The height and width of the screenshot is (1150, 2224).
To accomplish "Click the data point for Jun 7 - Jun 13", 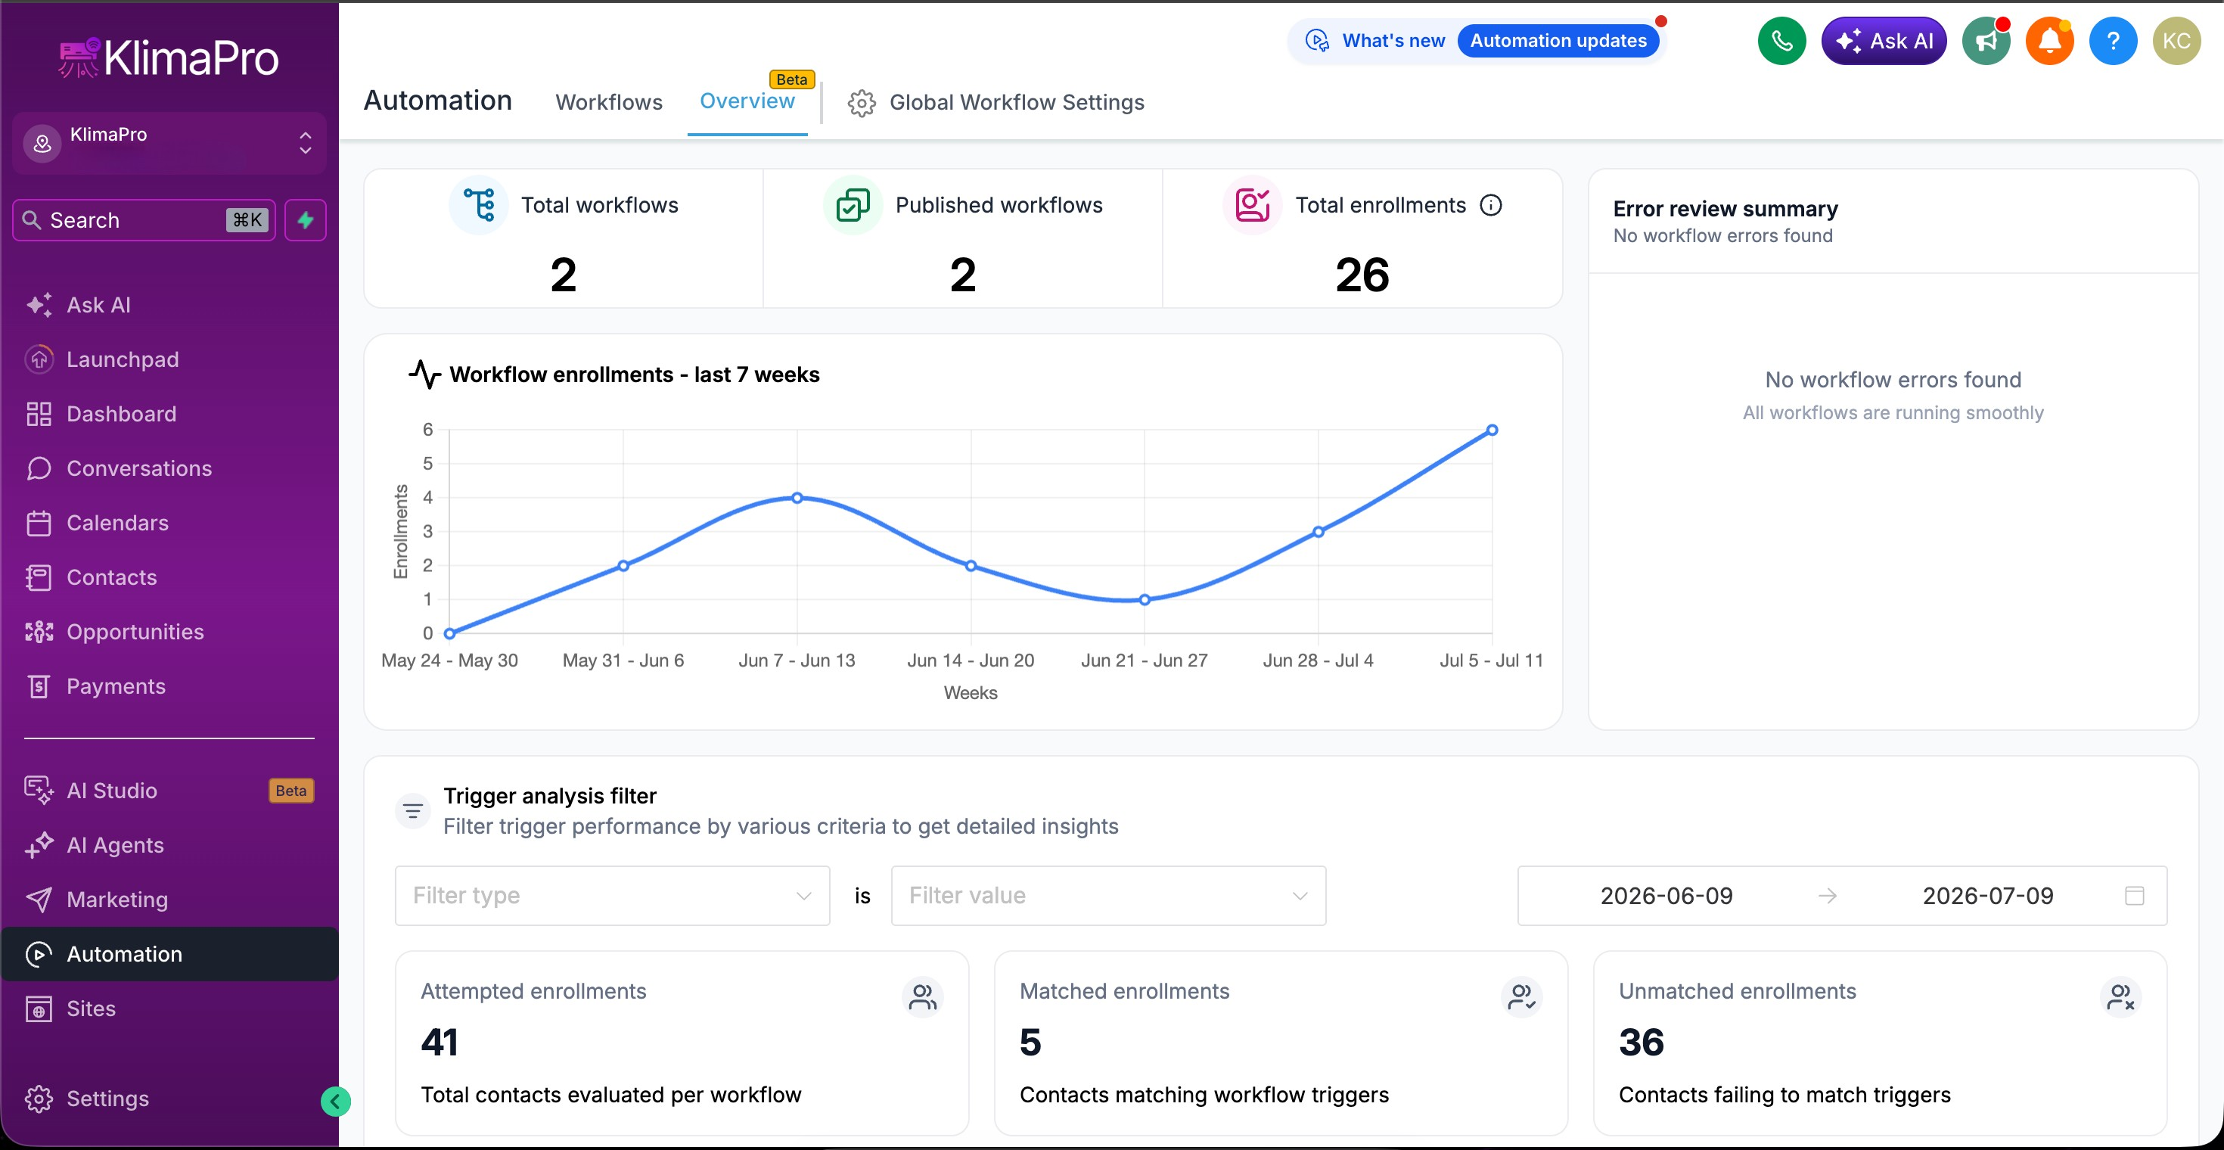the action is (x=797, y=498).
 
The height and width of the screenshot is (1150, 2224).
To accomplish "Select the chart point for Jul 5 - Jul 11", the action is (x=1492, y=430).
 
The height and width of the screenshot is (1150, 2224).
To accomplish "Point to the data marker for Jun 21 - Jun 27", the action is (x=1145, y=600).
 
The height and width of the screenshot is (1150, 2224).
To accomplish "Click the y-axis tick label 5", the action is (x=427, y=464).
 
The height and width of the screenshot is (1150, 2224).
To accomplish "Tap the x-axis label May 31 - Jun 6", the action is (x=623, y=660).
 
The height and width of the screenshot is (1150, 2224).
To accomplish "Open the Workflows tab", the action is (x=609, y=102).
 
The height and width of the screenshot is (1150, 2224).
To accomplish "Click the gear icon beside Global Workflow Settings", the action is (x=861, y=103).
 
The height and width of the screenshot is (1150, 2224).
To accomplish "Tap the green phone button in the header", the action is (x=1781, y=41).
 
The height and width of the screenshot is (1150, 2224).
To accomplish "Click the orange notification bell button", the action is (x=2049, y=41).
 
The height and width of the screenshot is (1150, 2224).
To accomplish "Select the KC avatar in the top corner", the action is (x=2176, y=41).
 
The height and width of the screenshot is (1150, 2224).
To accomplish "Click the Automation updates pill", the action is (x=1558, y=41).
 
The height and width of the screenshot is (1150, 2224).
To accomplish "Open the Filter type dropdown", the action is (x=612, y=895).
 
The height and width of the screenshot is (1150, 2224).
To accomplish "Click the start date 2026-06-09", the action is (x=1666, y=895).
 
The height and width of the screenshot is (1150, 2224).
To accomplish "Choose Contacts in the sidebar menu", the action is (x=111, y=577).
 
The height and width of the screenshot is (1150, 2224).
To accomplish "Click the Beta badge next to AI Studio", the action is (x=291, y=791).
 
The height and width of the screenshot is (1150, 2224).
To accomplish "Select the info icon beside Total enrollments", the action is (x=1491, y=206).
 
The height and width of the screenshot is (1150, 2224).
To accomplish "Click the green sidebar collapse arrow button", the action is (x=335, y=1101).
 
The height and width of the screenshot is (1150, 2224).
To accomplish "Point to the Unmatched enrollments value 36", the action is (x=1642, y=1043).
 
